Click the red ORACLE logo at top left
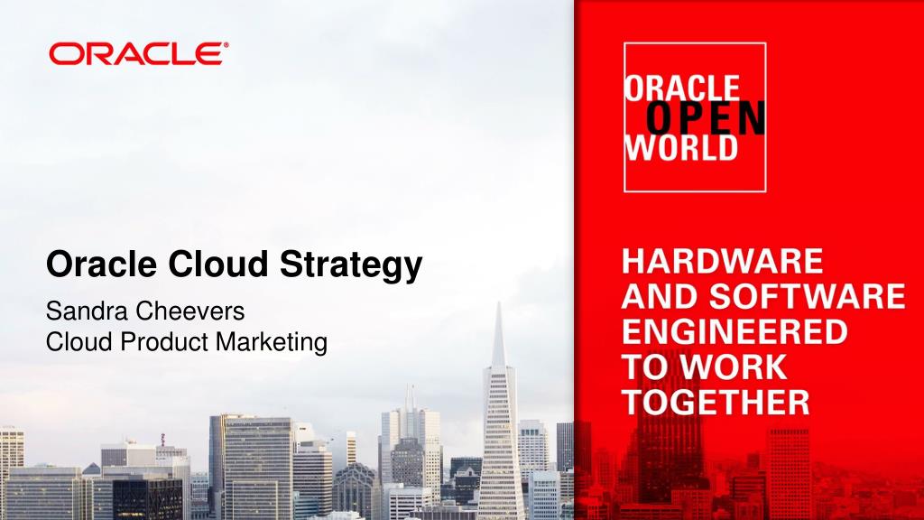click(134, 55)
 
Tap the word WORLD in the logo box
click(681, 147)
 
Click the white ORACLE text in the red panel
click(681, 88)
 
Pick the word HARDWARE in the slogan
click(723, 263)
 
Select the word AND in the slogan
click(654, 297)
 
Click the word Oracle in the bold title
click(102, 265)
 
